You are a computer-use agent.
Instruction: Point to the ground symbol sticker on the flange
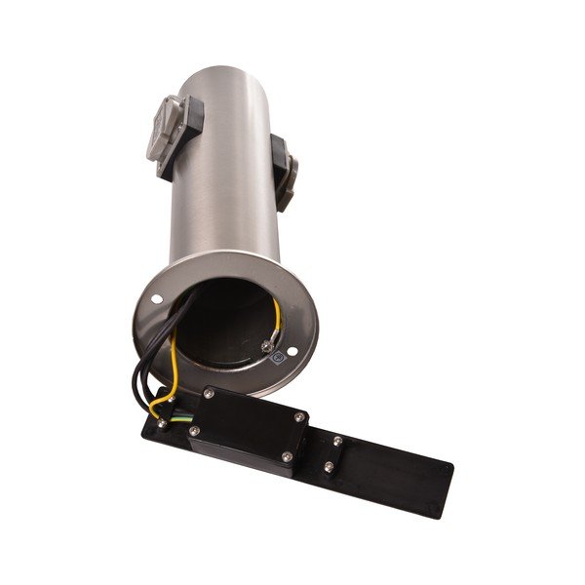pyautogui.click(x=277, y=358)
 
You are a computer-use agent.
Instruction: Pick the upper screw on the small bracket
pyautogui.click(x=336, y=441)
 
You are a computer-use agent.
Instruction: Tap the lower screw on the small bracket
pyautogui.click(x=328, y=467)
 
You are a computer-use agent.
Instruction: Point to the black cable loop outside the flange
pyautogui.click(x=136, y=370)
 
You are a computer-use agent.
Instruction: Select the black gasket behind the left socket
pyautogui.click(x=189, y=136)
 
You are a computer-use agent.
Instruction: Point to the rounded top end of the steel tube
pyautogui.click(x=218, y=73)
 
